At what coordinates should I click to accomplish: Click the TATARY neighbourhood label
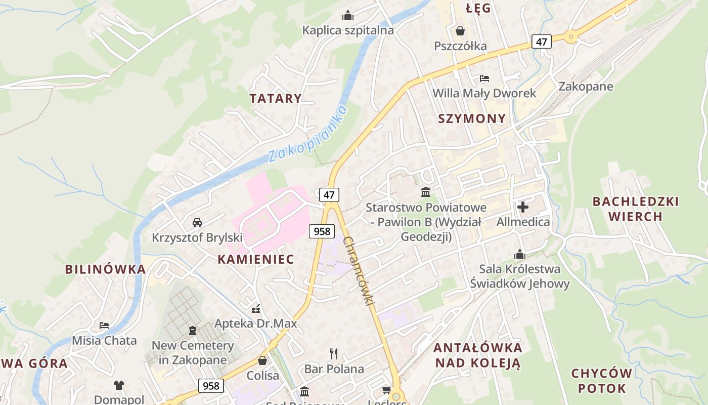(x=276, y=98)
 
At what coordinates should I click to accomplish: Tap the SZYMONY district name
(x=472, y=118)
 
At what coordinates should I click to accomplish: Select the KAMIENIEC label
(x=255, y=259)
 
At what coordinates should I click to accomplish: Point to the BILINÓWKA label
(x=105, y=269)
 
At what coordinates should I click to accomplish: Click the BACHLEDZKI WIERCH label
(x=635, y=209)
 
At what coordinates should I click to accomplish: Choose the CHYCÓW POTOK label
(x=602, y=381)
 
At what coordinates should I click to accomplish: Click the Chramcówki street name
(x=360, y=271)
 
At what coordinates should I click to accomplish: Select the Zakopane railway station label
(x=586, y=86)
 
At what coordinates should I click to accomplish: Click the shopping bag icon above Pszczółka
(x=460, y=31)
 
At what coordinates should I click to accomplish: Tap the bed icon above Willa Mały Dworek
(x=484, y=78)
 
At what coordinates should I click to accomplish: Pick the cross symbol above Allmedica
(x=523, y=207)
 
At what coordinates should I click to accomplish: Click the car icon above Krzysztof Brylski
(x=197, y=222)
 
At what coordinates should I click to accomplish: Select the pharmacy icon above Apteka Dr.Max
(x=256, y=308)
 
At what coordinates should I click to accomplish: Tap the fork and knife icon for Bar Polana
(x=333, y=353)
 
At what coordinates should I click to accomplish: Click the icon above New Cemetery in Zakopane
(x=192, y=331)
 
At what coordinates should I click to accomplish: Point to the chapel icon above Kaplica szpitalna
(x=348, y=15)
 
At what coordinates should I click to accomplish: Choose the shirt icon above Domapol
(x=119, y=385)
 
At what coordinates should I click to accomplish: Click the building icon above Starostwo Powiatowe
(x=426, y=192)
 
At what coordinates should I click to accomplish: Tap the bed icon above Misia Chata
(x=104, y=325)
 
